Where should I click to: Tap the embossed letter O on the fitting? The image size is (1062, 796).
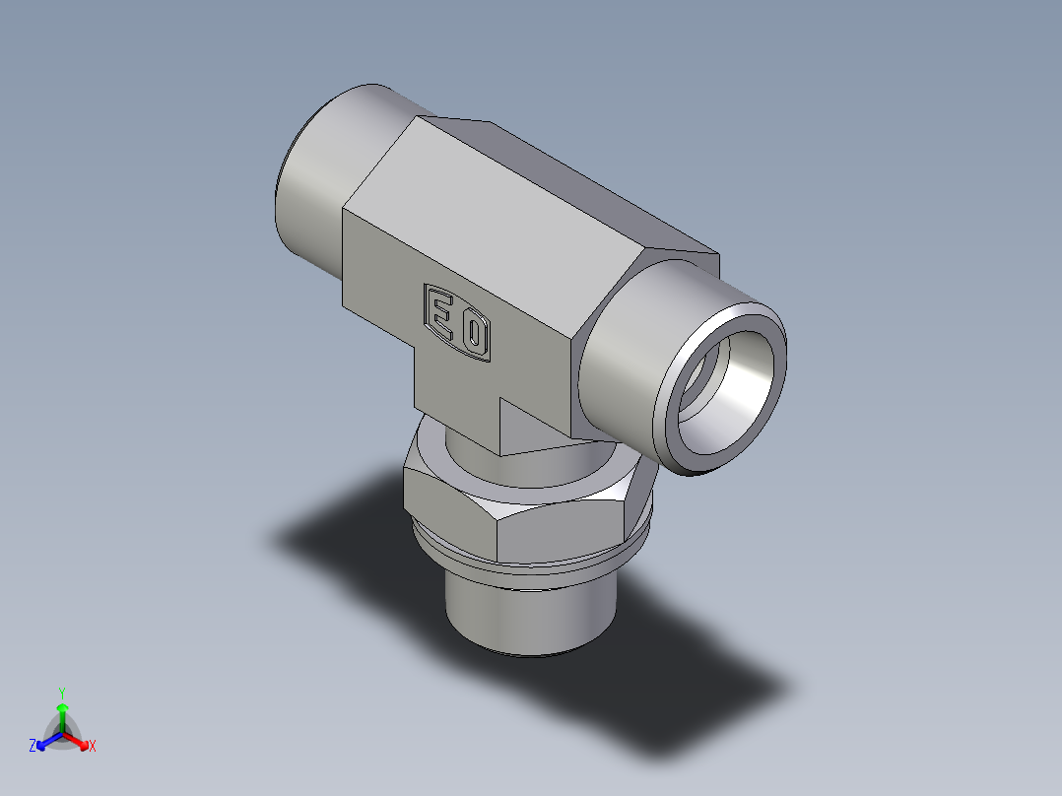click(474, 336)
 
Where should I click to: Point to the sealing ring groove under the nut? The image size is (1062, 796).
click(532, 569)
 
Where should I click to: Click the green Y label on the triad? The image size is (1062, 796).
click(61, 693)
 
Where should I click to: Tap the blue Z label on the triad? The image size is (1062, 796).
click(33, 747)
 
